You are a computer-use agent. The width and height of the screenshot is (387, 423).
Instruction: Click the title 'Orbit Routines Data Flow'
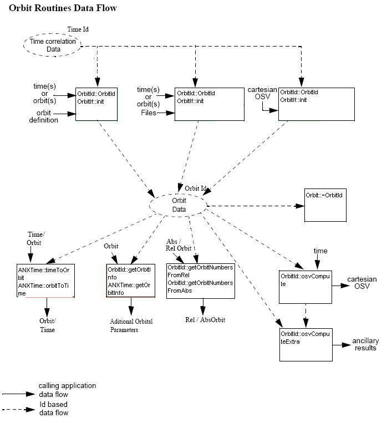tap(63, 8)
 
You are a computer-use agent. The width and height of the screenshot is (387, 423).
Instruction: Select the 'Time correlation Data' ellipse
tap(53, 45)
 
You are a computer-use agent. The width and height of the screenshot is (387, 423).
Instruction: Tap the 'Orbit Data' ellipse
tap(179, 205)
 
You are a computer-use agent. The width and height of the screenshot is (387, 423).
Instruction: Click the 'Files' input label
tap(148, 113)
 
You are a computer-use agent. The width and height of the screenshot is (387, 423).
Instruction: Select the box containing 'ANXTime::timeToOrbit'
tap(45, 281)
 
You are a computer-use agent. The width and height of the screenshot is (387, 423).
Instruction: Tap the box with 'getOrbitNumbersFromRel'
tap(200, 281)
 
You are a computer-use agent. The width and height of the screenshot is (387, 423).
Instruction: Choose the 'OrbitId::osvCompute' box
tap(304, 287)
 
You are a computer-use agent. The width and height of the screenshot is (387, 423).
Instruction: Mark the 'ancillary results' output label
tap(364, 344)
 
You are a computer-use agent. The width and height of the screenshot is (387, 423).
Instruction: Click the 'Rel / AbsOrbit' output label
tap(205, 320)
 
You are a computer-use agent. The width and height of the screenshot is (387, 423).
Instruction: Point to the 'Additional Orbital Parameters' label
tap(131, 325)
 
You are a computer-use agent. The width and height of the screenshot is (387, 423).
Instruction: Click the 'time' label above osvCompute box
tap(320, 251)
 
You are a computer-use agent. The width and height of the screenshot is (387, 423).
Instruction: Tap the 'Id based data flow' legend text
tap(59, 409)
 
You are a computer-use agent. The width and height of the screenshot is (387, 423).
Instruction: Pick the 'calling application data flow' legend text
tap(67, 389)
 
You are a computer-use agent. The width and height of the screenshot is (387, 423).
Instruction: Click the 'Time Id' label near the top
tap(78, 29)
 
